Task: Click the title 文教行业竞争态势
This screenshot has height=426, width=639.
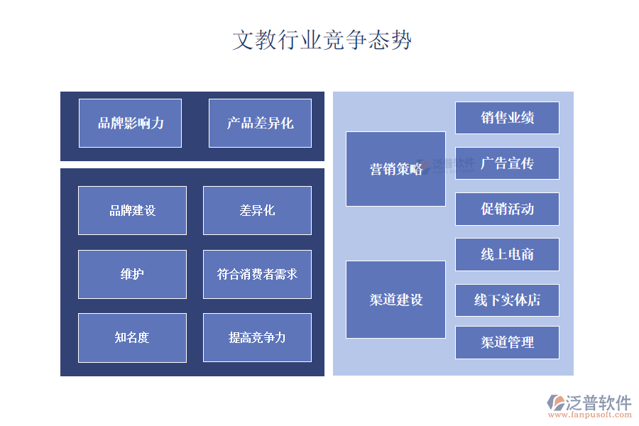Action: [x=322, y=40]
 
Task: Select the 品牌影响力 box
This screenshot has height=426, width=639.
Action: [x=130, y=123]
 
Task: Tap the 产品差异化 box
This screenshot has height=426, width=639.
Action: [x=260, y=123]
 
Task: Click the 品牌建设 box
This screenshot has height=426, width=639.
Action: [x=132, y=210]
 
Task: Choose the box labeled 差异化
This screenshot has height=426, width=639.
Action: [x=257, y=210]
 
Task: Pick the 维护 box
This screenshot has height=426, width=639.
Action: [x=132, y=274]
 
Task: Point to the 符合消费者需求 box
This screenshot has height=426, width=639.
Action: [x=257, y=274]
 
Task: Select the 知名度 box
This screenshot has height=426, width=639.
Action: [x=132, y=337]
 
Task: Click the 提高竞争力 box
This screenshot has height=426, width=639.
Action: [x=257, y=337]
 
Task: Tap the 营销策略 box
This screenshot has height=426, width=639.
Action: [x=395, y=169]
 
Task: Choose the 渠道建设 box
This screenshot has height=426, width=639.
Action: [x=395, y=300]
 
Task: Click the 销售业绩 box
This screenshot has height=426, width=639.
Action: [x=507, y=118]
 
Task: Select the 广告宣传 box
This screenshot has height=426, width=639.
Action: [x=507, y=163]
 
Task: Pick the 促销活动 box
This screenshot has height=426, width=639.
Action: [x=507, y=209]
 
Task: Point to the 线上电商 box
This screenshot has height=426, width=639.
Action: [x=507, y=254]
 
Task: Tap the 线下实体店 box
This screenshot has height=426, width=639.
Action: [x=507, y=300]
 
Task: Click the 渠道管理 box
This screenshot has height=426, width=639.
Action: [x=507, y=342]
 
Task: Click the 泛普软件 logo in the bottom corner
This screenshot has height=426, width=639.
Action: [x=589, y=403]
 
